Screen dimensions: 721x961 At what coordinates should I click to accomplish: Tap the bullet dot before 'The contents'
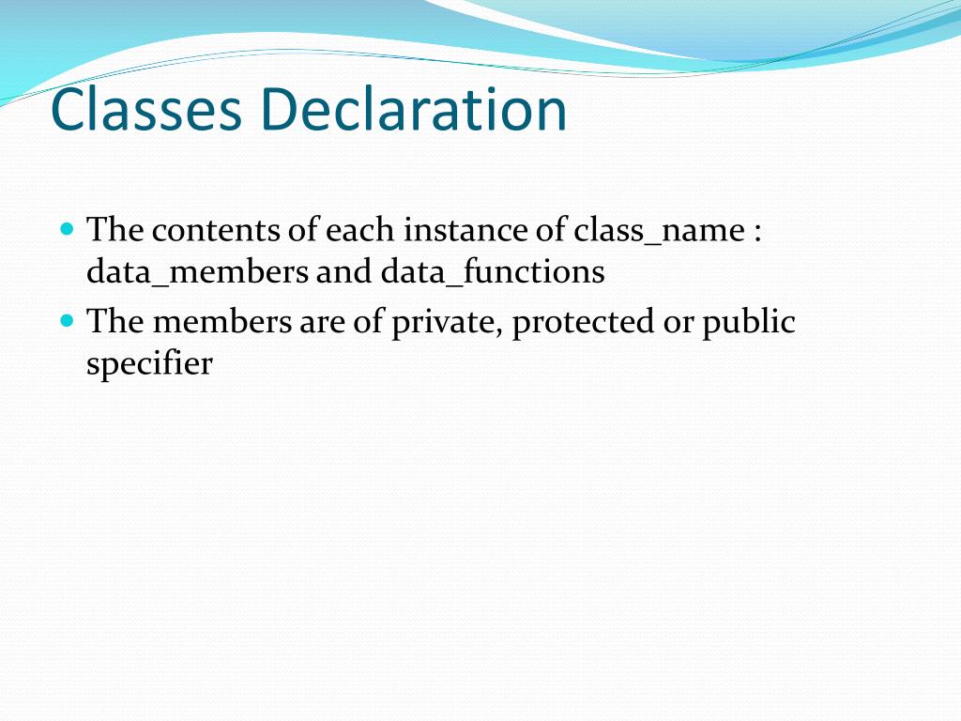[x=66, y=228]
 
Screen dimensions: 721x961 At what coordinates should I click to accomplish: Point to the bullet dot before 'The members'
[x=66, y=320]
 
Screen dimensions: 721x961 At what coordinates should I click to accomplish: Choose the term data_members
[x=197, y=272]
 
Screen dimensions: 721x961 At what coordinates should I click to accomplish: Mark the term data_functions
[x=493, y=272]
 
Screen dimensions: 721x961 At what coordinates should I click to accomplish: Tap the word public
[x=749, y=322]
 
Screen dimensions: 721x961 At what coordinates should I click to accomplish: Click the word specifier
[x=149, y=363]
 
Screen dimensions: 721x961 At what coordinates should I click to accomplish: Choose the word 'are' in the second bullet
[x=321, y=323]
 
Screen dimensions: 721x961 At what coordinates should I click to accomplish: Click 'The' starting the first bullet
[x=114, y=229]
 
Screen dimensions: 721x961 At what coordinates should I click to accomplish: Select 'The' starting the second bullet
[x=114, y=321]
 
